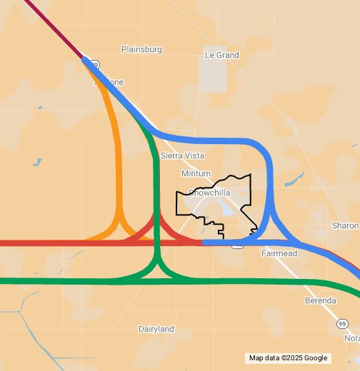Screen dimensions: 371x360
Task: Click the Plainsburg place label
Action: pos(141,49)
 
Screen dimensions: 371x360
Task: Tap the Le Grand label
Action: pos(221,54)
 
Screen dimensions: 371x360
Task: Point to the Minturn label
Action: pos(196,173)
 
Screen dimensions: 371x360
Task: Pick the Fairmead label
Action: pos(279,253)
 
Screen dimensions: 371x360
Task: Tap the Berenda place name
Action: pos(320,300)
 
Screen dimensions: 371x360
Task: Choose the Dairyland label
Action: pos(156,329)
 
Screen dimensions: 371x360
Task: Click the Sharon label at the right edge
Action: pos(346,225)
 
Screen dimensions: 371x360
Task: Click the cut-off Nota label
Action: pos(351,337)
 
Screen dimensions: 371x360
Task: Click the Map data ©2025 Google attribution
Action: pos(288,358)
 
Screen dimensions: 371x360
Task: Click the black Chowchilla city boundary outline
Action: pos(177,203)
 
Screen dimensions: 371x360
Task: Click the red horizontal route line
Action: pos(43,243)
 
